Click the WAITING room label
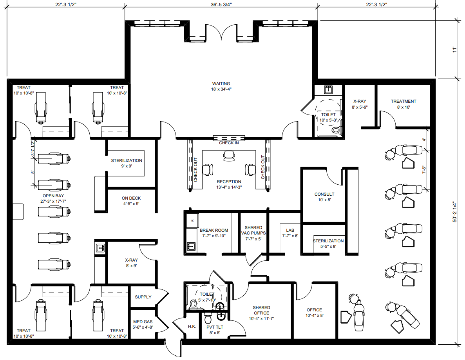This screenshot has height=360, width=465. point(221,84)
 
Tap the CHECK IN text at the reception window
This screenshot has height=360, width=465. point(229,143)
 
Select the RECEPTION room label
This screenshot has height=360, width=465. point(229,182)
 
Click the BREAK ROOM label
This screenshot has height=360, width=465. point(214,230)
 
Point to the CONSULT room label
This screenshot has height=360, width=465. point(324,195)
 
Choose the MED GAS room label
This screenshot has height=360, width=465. point(143,322)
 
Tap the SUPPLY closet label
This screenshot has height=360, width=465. point(143,297)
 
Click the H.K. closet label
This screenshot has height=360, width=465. point(192,326)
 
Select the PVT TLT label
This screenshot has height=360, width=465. point(215,327)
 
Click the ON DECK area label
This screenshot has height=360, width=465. point(131,198)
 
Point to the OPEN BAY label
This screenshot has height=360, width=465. point(53,196)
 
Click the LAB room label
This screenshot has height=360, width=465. point(290,230)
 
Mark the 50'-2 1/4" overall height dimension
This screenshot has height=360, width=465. point(455,212)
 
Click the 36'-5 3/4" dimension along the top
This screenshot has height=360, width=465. point(221,4)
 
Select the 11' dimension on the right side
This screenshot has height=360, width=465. point(455,49)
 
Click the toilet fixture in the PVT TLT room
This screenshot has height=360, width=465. point(208,318)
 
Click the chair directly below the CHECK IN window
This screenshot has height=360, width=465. point(229,156)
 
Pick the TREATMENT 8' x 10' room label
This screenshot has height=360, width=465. point(403,101)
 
